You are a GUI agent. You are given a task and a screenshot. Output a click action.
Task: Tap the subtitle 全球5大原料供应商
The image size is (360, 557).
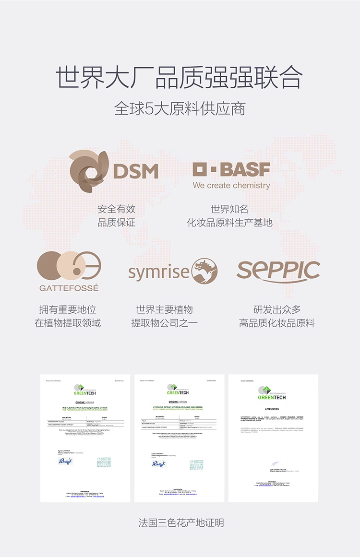180,108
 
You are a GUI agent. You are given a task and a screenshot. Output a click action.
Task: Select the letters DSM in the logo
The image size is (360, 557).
136,171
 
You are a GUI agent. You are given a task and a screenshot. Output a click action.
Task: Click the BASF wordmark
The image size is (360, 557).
231,169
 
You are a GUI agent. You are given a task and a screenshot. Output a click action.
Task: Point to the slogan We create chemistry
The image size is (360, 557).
231,185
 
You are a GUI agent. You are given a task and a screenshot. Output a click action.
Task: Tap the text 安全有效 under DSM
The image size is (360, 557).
117,209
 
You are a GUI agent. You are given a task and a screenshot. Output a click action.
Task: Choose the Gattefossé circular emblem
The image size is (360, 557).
69,267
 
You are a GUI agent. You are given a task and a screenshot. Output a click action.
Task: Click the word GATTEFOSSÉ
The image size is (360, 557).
69,288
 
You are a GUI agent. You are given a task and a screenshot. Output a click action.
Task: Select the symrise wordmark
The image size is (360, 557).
159,273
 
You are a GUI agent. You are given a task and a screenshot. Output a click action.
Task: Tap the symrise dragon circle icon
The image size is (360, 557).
204,272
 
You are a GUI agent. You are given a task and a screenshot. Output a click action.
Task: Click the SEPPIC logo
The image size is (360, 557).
278,271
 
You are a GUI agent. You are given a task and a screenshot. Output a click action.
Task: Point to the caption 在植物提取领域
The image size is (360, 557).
68,323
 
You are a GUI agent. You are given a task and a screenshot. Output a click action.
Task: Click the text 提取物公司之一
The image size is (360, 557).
164,323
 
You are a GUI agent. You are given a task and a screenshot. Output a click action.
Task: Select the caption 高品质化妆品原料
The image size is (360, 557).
277,323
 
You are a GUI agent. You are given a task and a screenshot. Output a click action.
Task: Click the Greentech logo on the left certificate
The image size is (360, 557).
85,390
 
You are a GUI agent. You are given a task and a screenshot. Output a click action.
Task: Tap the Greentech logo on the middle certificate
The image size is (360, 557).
179,390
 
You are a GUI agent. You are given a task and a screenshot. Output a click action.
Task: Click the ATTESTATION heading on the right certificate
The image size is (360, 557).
272,409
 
